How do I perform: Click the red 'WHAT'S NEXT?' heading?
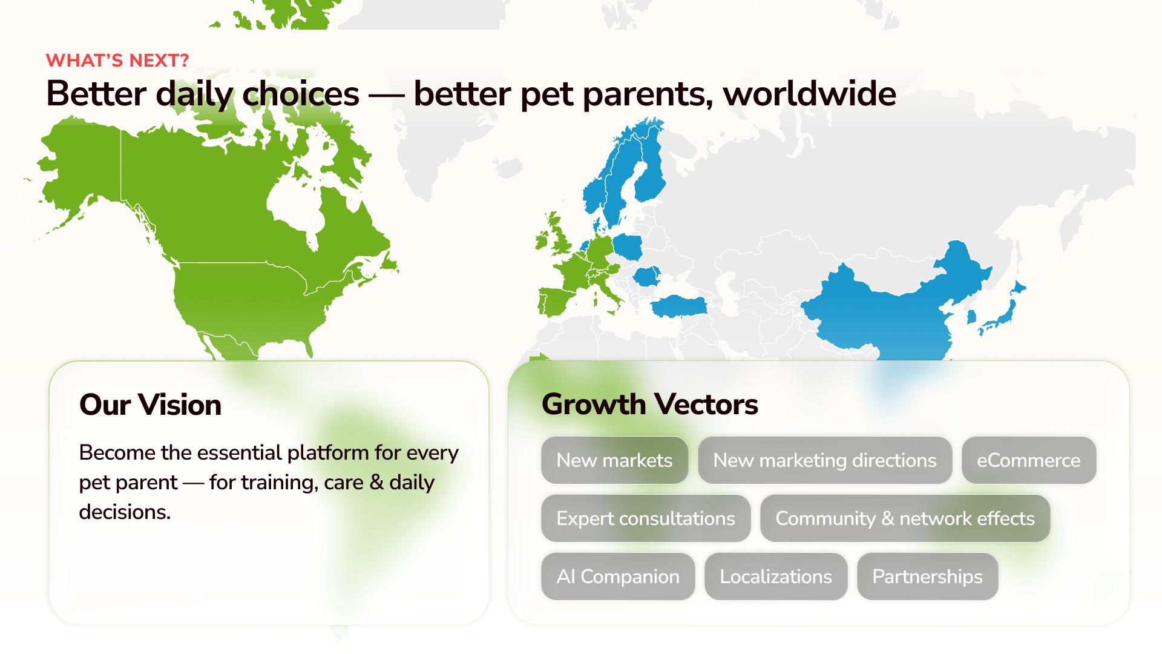[x=117, y=61]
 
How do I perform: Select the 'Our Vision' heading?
[x=150, y=405]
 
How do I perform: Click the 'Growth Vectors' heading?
[x=649, y=405]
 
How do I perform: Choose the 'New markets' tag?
[x=614, y=460]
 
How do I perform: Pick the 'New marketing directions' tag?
[x=824, y=460]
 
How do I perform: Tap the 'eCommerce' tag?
[x=1028, y=460]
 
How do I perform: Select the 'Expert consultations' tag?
[x=646, y=518]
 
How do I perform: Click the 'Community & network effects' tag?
[x=905, y=518]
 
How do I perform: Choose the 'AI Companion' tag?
[x=618, y=576]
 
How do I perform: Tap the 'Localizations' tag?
[x=776, y=576]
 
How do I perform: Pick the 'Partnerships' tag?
[x=927, y=576]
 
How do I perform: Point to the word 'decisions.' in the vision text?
[x=125, y=512]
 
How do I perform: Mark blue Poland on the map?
[x=628, y=247]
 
